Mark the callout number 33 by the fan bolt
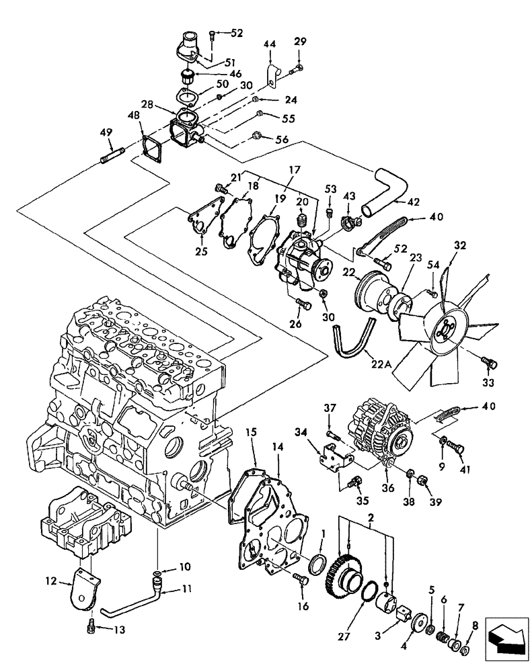(487, 382)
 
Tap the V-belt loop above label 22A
(352, 337)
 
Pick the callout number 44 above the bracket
(270, 44)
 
